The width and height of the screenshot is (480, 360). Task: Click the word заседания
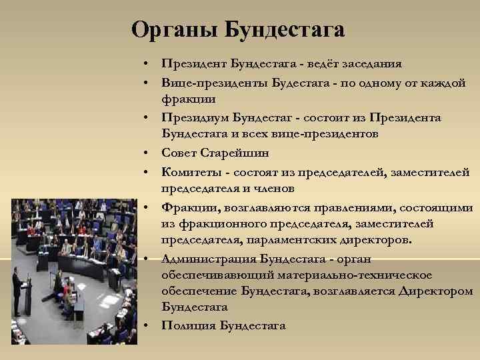coord(373,64)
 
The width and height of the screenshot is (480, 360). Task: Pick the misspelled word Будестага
coord(302,82)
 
